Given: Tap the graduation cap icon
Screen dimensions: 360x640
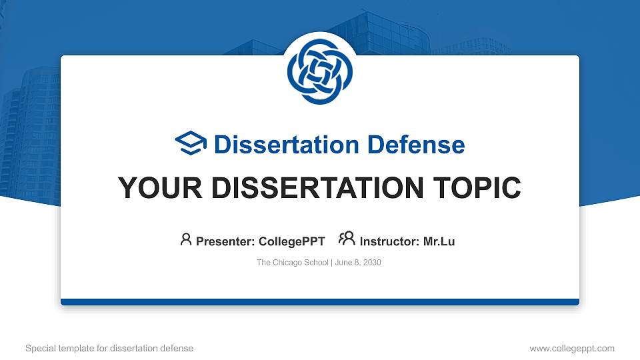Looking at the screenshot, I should click(191, 144).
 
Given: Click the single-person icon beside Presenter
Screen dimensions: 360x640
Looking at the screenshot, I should click(186, 239).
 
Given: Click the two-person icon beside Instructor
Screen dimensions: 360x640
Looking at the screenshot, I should click(347, 239).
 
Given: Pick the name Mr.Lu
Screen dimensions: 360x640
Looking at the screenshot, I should click(439, 241).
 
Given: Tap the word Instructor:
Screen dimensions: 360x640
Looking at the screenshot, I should click(390, 241).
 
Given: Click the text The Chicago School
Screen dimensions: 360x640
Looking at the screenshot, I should click(292, 263).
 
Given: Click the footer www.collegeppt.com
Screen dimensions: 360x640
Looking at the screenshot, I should click(571, 348).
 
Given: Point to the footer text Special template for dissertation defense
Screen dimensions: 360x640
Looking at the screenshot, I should click(109, 348).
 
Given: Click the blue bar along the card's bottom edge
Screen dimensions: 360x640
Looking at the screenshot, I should click(320, 302).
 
